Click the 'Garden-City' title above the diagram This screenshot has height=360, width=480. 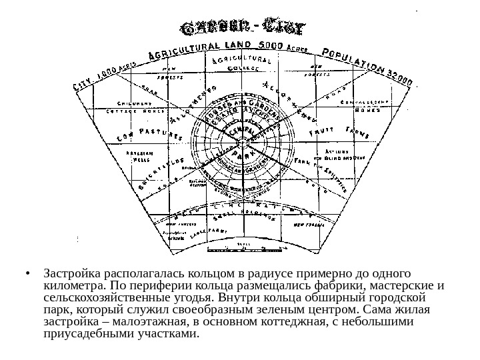click(243, 29)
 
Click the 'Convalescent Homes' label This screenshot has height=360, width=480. click(359, 106)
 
